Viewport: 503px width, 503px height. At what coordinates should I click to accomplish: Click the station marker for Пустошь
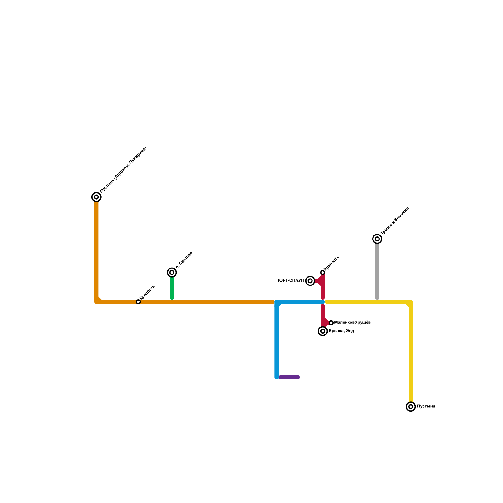(x=97, y=197)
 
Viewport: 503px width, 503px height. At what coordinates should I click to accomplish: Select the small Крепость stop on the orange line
(x=138, y=302)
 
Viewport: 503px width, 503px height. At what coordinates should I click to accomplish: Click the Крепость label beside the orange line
(x=147, y=292)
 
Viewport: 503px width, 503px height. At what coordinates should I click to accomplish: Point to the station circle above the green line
(x=172, y=273)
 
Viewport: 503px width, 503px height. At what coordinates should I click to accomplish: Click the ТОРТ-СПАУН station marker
(x=310, y=281)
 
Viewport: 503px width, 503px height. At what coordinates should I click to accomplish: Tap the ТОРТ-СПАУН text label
(x=290, y=280)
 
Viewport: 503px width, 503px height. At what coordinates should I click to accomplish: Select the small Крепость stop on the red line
(x=323, y=273)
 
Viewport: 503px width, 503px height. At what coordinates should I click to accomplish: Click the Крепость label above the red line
(x=332, y=263)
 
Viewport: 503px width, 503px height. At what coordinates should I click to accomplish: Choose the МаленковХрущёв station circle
(x=331, y=323)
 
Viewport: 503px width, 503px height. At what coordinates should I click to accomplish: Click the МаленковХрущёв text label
(x=352, y=323)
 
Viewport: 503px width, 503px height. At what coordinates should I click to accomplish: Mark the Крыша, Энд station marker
(x=323, y=331)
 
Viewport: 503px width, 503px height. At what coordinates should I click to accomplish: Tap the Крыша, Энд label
(x=341, y=331)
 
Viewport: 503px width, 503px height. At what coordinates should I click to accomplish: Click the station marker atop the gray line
(x=377, y=239)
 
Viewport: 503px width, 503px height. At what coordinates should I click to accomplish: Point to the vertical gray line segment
(x=377, y=270)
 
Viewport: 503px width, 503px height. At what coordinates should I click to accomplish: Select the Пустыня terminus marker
(x=411, y=406)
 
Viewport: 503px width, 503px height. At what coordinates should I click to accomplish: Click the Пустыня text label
(x=426, y=406)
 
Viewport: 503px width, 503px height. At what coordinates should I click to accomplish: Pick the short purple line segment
(x=289, y=377)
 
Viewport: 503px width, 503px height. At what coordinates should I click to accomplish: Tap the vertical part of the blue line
(x=277, y=343)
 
